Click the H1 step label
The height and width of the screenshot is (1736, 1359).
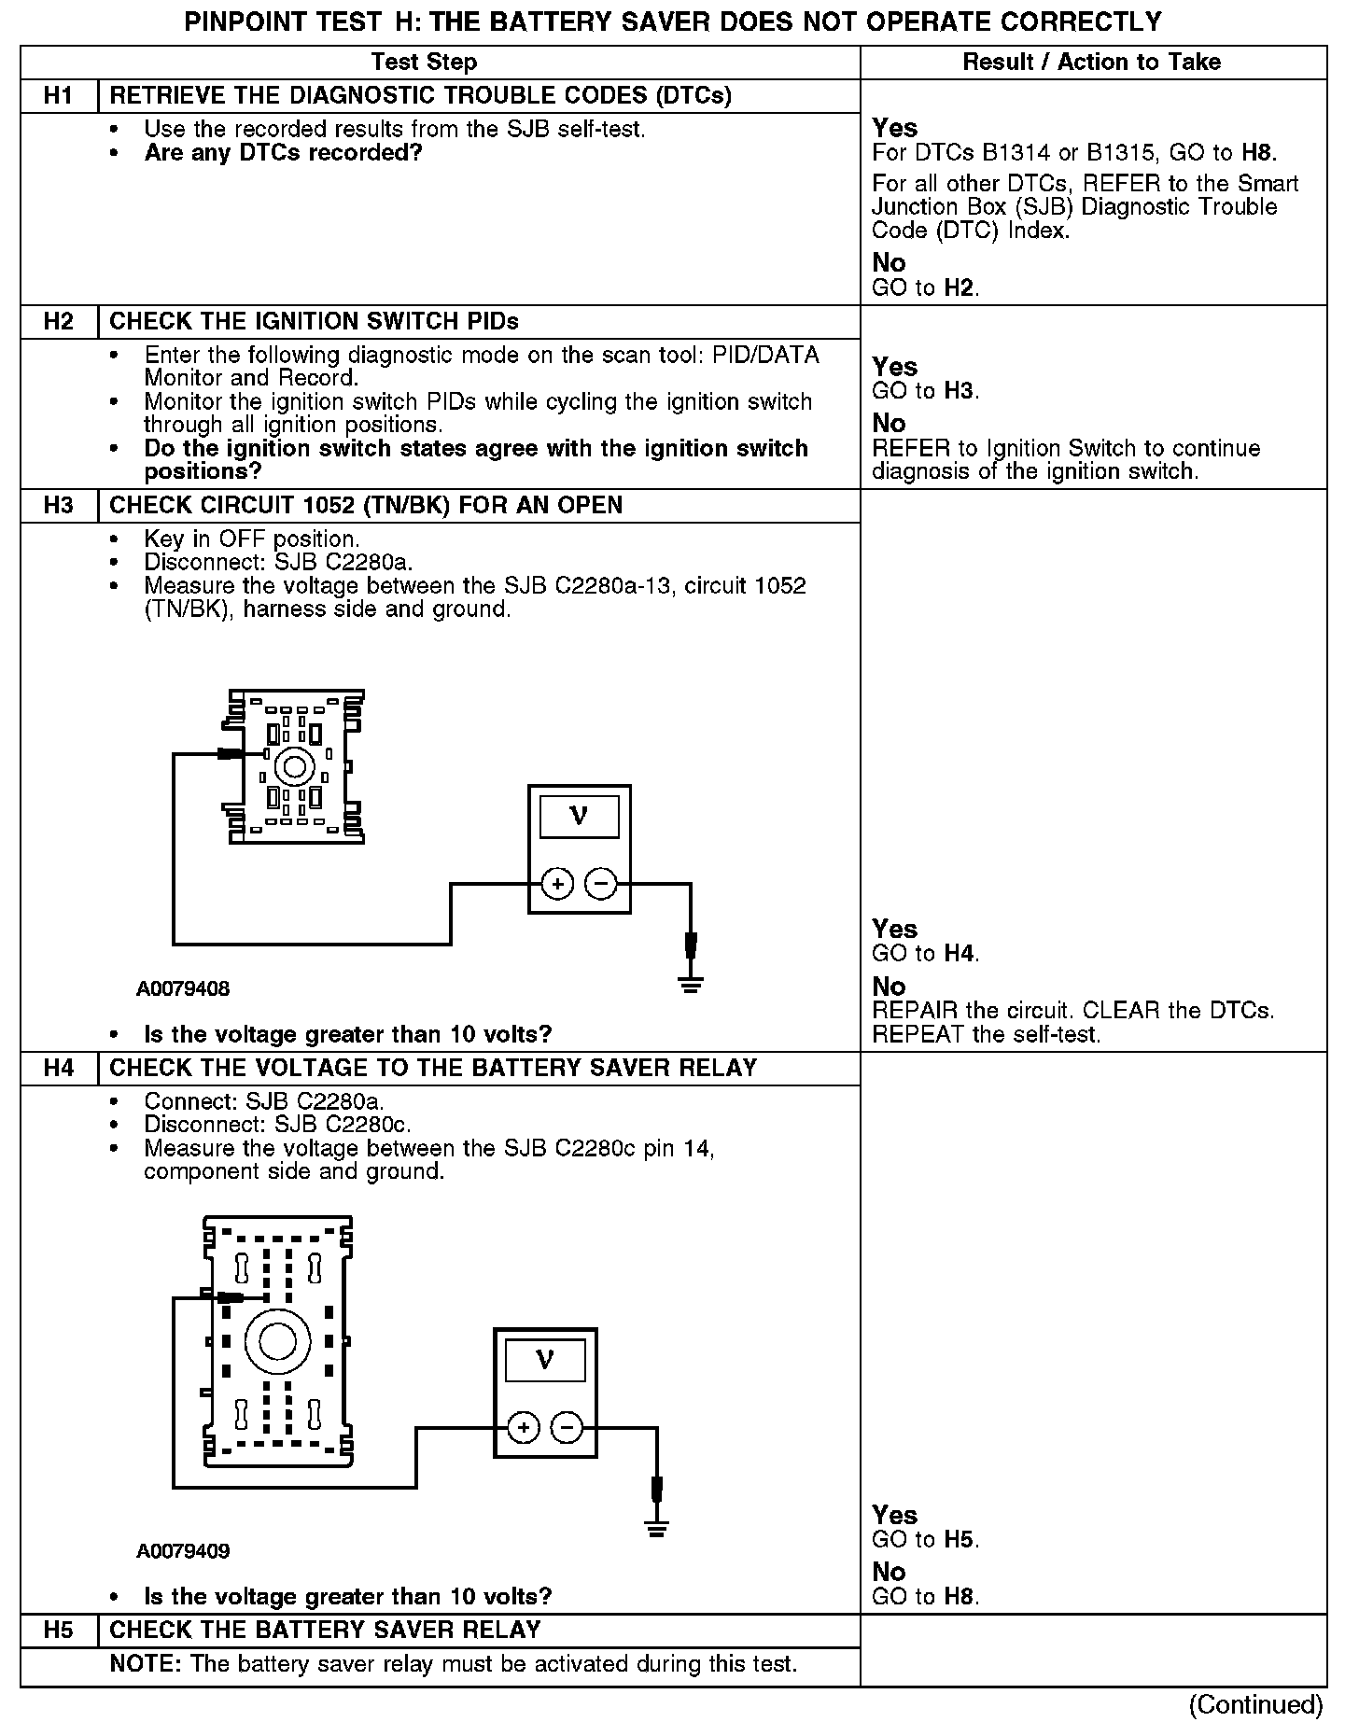click(58, 95)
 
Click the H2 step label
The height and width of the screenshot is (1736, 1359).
click(58, 321)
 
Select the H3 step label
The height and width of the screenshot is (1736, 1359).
click(58, 505)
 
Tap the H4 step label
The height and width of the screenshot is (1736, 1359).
click(58, 1068)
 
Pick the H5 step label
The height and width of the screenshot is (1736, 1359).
click(58, 1630)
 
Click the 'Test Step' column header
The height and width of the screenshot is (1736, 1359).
click(424, 62)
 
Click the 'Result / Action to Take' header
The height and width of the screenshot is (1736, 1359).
click(1091, 62)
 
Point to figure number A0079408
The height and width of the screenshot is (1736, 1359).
click(183, 988)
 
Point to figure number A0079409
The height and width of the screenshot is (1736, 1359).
click(183, 1551)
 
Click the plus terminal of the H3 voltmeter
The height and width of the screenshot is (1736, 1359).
click(557, 884)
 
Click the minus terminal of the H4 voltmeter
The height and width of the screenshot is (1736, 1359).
click(567, 1427)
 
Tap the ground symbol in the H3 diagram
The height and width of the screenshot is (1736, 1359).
click(691, 984)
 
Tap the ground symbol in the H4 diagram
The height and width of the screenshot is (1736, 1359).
click(657, 1528)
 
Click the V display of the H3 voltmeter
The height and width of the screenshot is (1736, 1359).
click(579, 817)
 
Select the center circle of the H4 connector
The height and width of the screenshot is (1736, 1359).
click(277, 1342)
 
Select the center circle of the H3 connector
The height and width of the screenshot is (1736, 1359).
click(295, 767)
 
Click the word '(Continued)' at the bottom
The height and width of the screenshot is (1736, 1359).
click(1255, 1704)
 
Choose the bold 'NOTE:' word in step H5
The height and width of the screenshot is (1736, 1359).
click(146, 1664)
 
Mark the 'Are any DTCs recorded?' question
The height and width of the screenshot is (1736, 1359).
click(283, 152)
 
